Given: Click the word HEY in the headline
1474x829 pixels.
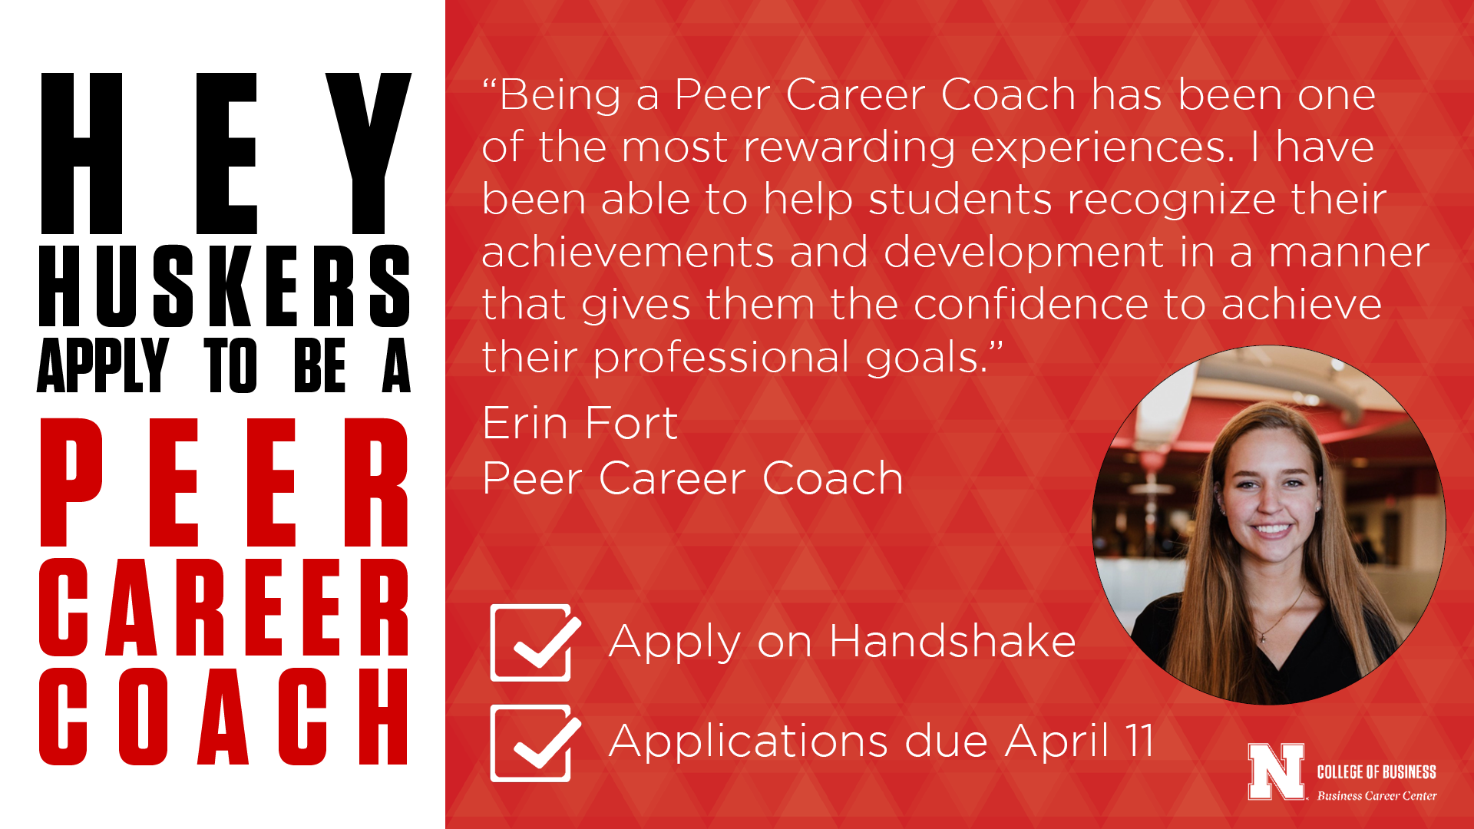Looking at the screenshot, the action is pyautogui.click(x=226, y=154).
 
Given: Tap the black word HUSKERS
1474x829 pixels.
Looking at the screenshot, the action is pyautogui.click(x=225, y=286).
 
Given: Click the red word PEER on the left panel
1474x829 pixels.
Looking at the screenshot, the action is pyautogui.click(x=225, y=482).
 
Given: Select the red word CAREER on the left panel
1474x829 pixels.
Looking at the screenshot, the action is pyautogui.click(x=225, y=607).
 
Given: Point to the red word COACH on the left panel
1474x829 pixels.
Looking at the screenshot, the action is pyautogui.click(x=224, y=716).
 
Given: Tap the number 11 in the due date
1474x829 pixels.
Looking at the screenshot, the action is pyautogui.click(x=1139, y=740).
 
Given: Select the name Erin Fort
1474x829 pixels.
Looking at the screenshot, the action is pyautogui.click(x=580, y=423).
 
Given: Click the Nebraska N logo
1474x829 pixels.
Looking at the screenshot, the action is pyautogui.click(x=1276, y=772).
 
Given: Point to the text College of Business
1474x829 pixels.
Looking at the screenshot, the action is pyautogui.click(x=1377, y=771).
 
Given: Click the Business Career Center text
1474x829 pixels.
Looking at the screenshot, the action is pyautogui.click(x=1377, y=796).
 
